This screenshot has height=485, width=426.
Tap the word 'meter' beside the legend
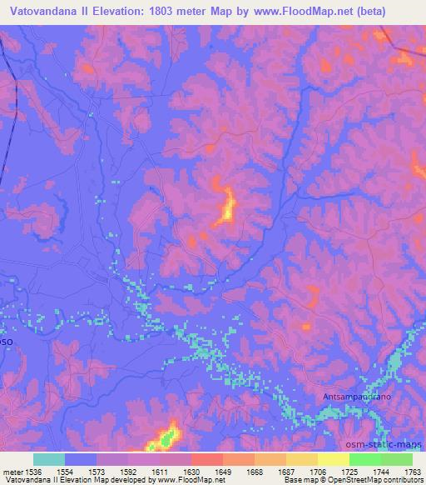tap(12, 472)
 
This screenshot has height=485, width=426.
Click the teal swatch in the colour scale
tap(49, 459)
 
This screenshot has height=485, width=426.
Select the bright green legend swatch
tap(364, 459)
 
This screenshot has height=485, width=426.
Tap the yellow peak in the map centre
tap(226, 207)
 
